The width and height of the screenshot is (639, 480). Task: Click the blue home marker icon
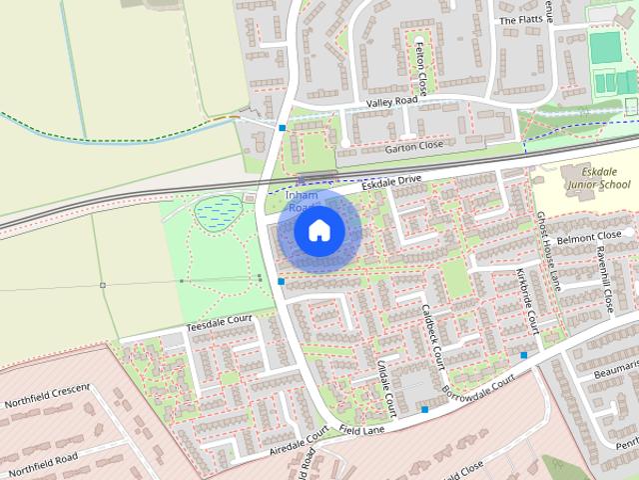[319, 231]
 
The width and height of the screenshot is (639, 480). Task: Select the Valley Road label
[390, 101]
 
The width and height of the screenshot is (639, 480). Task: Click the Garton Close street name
[414, 146]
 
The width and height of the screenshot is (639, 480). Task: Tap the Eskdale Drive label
[391, 182]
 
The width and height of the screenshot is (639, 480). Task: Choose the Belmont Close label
[589, 238]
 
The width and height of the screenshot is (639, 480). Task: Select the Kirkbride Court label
[527, 300]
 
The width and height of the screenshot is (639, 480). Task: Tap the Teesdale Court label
[219, 323]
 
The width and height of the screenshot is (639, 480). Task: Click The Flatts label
[519, 20]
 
